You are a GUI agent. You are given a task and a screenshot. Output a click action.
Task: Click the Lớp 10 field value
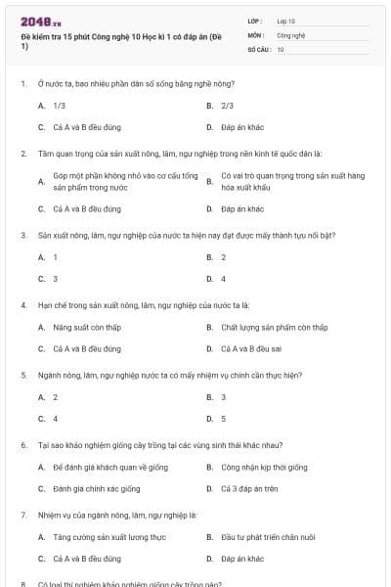point(286,21)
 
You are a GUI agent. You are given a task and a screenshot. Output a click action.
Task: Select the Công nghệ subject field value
point(291,34)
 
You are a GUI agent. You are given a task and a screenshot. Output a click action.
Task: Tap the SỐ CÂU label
point(257,49)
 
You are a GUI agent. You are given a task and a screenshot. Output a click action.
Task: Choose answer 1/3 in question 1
point(59,105)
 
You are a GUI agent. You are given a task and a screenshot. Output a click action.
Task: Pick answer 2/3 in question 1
point(227,105)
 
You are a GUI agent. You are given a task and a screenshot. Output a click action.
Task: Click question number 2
point(23,154)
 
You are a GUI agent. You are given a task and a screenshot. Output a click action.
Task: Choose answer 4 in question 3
point(224,279)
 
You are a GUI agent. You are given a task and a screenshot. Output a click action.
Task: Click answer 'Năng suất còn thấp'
point(86,327)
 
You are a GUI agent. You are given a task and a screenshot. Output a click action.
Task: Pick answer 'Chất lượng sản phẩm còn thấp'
point(274,327)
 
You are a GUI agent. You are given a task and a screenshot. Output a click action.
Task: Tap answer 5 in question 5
point(224,419)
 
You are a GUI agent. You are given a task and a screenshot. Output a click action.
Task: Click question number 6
point(23,444)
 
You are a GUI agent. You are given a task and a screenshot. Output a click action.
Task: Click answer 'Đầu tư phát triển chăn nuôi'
point(268,537)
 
